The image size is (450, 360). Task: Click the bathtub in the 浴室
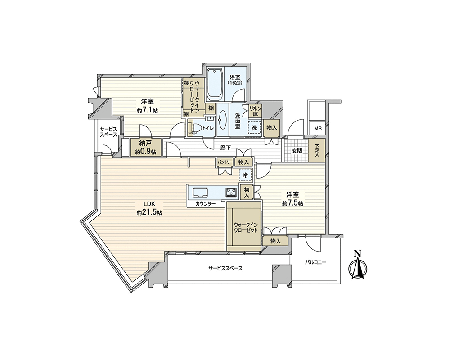[215, 83]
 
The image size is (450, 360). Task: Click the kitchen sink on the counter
[200, 192]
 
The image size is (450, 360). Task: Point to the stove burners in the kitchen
[231, 192]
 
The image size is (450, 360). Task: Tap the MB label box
[317, 128]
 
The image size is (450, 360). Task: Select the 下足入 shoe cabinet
[317, 150]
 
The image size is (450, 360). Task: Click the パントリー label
[225, 162]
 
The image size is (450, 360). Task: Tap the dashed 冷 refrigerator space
[245, 175]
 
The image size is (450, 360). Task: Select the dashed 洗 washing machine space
[255, 128]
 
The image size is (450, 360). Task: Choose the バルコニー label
[315, 262]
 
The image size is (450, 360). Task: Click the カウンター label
[206, 204]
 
